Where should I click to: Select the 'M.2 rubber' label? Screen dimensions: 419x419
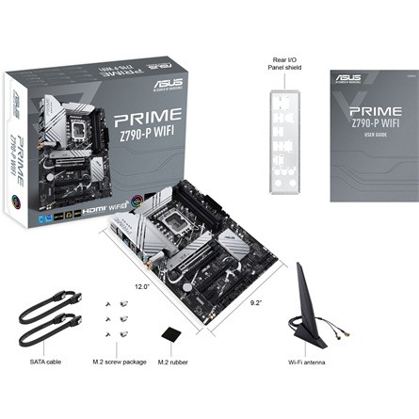[x=169, y=361]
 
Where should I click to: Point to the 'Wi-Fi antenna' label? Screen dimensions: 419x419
[x=308, y=361]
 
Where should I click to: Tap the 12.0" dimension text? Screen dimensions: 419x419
[x=141, y=285]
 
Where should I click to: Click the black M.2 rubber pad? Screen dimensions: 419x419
[x=170, y=334]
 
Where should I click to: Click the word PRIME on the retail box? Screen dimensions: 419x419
[x=150, y=121]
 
